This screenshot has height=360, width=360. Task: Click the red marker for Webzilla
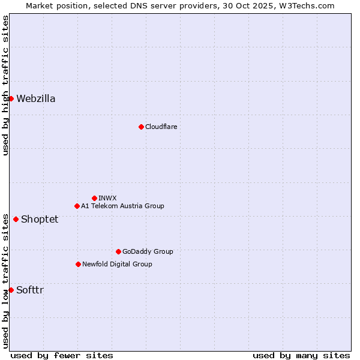pyautogui.click(x=11, y=98)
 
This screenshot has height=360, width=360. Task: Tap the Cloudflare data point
pyautogui.click(x=141, y=127)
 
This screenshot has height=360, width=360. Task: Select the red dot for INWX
pyautogui.click(x=94, y=198)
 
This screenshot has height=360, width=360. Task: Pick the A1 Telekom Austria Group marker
pyautogui.click(x=77, y=206)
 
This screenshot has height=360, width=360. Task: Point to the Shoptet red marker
pyautogui.click(x=16, y=219)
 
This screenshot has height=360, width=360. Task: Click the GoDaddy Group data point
pyautogui.click(x=118, y=251)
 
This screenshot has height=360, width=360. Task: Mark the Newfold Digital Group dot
pyautogui.click(x=78, y=264)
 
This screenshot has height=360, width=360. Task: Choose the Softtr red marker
pyautogui.click(x=11, y=290)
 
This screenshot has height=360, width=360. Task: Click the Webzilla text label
pyautogui.click(x=36, y=99)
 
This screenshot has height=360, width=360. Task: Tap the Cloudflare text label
pyautogui.click(x=161, y=127)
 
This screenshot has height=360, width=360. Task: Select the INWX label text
pyautogui.click(x=107, y=198)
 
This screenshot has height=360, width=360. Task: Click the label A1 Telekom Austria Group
pyautogui.click(x=122, y=206)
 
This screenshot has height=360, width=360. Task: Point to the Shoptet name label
pyautogui.click(x=40, y=219)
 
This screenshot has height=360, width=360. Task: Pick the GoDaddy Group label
pyautogui.click(x=148, y=251)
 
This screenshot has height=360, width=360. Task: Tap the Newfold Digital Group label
pyautogui.click(x=117, y=264)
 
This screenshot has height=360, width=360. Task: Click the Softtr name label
pyautogui.click(x=30, y=290)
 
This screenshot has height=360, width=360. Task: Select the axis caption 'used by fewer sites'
pyautogui.click(x=62, y=355)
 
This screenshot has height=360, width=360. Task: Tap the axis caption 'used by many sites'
pyautogui.click(x=301, y=355)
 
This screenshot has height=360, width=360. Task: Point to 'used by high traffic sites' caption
pyautogui.click(x=5, y=85)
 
